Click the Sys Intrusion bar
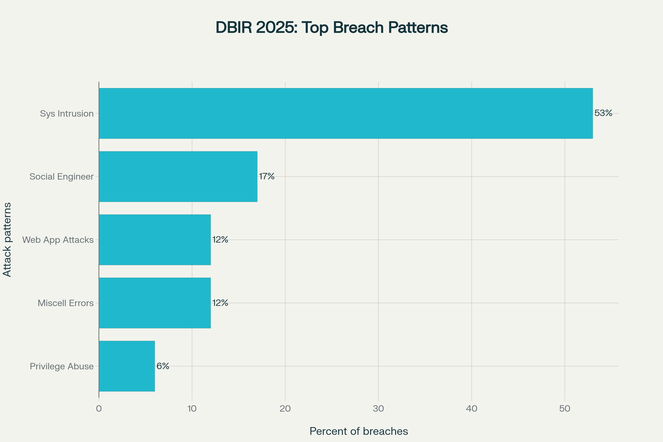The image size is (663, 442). coord(346,113)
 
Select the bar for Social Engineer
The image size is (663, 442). coord(178,177)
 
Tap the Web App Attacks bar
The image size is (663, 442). coord(155,240)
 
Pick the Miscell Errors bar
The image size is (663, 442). coord(155,303)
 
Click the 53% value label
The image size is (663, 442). coord(603,113)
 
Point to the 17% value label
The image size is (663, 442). coord(266,176)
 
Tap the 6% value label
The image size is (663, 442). coord(163,366)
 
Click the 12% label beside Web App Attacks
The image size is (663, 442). coord(220,239)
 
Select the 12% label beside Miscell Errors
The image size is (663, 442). coord(220,302)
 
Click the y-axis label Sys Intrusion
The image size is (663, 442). coord(67,113)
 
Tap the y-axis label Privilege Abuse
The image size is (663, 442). coord(62,366)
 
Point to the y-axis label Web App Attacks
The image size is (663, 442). coord(58,240)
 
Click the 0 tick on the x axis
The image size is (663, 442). coord(99,409)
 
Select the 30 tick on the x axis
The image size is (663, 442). coord(378,409)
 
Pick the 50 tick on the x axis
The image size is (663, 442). coord(565,409)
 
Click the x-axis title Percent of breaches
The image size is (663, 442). coord(359,431)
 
